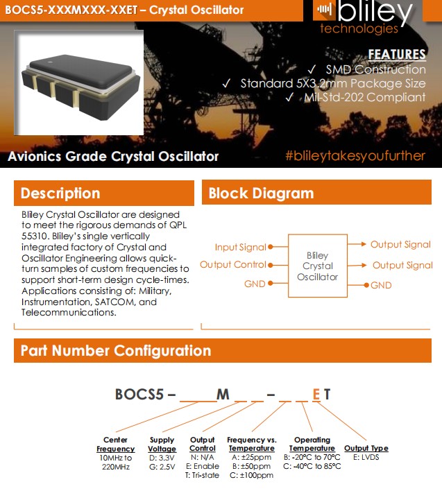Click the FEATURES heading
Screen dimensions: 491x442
click(x=396, y=54)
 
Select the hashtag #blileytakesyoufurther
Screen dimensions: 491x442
click(x=355, y=155)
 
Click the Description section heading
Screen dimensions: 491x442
click(x=60, y=193)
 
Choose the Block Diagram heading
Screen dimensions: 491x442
click(x=261, y=193)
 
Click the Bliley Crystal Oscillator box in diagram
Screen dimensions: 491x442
click(x=318, y=266)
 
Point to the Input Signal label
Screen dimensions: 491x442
click(x=240, y=247)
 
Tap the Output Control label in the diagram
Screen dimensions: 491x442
click(x=232, y=264)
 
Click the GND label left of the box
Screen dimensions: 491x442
click(x=255, y=284)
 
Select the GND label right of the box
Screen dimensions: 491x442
click(x=381, y=285)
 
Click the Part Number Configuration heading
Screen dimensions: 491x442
click(x=116, y=351)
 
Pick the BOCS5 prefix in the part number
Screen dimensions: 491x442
click(x=139, y=395)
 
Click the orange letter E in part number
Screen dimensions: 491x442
click(x=316, y=395)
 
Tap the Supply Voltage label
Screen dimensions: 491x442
click(x=162, y=444)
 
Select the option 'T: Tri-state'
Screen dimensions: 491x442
click(x=202, y=475)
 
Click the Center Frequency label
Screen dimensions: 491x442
click(x=115, y=444)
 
